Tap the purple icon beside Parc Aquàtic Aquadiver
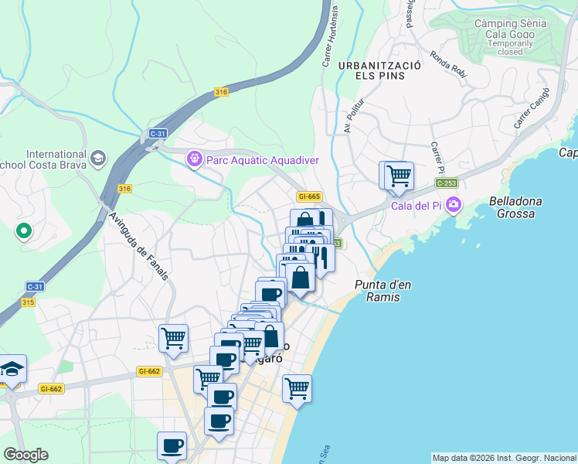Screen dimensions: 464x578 coord(195,159)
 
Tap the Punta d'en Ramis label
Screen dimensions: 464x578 coord(382,291)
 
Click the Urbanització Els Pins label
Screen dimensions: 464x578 coord(378,72)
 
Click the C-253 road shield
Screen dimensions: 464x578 coord(446,183)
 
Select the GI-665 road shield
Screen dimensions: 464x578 coord(308,197)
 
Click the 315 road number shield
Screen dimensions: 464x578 coord(29,302)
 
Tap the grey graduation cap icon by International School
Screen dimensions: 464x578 coord(97,159)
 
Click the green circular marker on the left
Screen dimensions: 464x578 coord(23,230)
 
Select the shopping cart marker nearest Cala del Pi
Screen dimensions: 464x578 coord(398,175)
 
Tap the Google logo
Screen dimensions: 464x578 coord(25,455)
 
